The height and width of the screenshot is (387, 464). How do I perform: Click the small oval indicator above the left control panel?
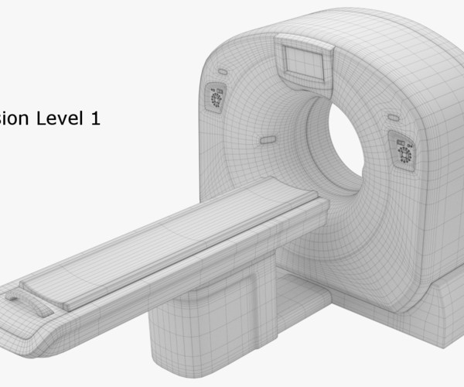pyautogui.click(x=223, y=71)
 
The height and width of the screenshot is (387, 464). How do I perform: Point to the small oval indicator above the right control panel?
pyautogui.click(x=394, y=118)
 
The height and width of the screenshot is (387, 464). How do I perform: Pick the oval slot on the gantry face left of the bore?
pyautogui.click(x=268, y=140)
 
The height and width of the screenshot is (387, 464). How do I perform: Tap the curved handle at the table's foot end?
pyautogui.click(x=29, y=303)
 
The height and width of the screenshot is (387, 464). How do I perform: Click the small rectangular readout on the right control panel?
pyautogui.click(x=403, y=143)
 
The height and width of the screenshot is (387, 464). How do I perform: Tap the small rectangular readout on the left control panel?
pyautogui.click(x=217, y=93)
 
